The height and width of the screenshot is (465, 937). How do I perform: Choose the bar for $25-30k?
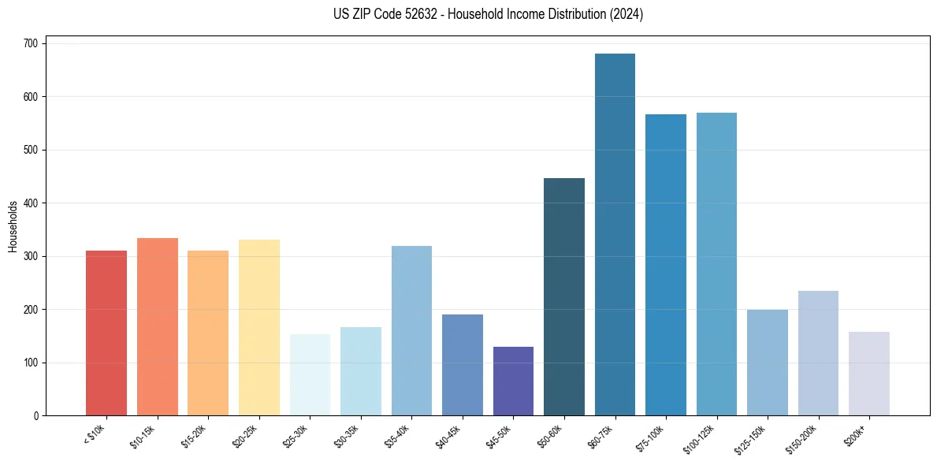310,374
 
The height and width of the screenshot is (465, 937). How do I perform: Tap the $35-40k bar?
411,330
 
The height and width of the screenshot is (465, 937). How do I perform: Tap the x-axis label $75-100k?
652,436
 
